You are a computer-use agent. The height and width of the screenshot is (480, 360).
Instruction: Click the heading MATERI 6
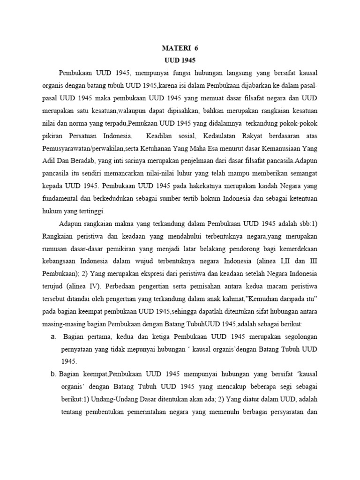(180, 48)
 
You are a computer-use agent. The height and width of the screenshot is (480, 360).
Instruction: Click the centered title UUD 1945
(180, 60)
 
